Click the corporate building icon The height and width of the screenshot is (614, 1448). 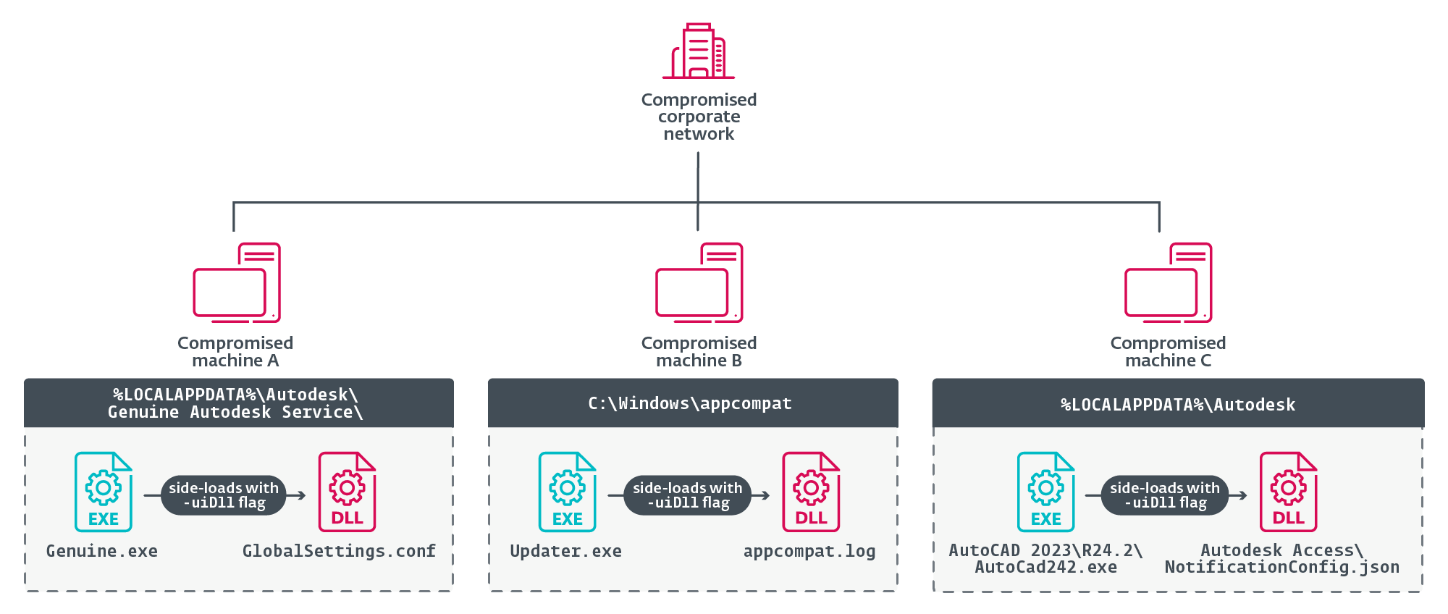tap(699, 51)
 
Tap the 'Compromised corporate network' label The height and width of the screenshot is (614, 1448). tap(699, 117)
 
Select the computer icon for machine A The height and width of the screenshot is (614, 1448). tap(237, 282)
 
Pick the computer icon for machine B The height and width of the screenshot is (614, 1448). tap(699, 282)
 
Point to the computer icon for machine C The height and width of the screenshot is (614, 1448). tap(1168, 282)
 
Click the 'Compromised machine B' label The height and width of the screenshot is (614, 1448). tap(699, 351)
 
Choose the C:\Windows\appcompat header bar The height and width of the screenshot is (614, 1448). tap(693, 403)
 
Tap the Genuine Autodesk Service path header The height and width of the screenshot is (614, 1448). tap(239, 403)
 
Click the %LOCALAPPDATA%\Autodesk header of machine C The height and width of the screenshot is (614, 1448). tap(1178, 403)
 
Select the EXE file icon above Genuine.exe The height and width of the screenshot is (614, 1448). tap(104, 492)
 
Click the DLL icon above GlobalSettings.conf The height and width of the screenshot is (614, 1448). tap(348, 492)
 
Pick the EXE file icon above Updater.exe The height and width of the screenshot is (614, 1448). tap(568, 492)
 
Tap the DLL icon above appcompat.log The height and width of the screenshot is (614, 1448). tap(811, 492)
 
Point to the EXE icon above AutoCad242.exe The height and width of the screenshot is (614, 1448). tap(1046, 492)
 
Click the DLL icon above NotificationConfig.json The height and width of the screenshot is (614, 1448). tap(1289, 492)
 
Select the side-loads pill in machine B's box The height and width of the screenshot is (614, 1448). tap(687, 495)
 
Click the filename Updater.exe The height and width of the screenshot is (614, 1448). tap(565, 551)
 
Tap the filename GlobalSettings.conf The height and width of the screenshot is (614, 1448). tap(339, 551)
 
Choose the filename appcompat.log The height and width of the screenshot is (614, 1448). tap(809, 551)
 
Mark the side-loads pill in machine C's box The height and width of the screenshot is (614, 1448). tap(1165, 495)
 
